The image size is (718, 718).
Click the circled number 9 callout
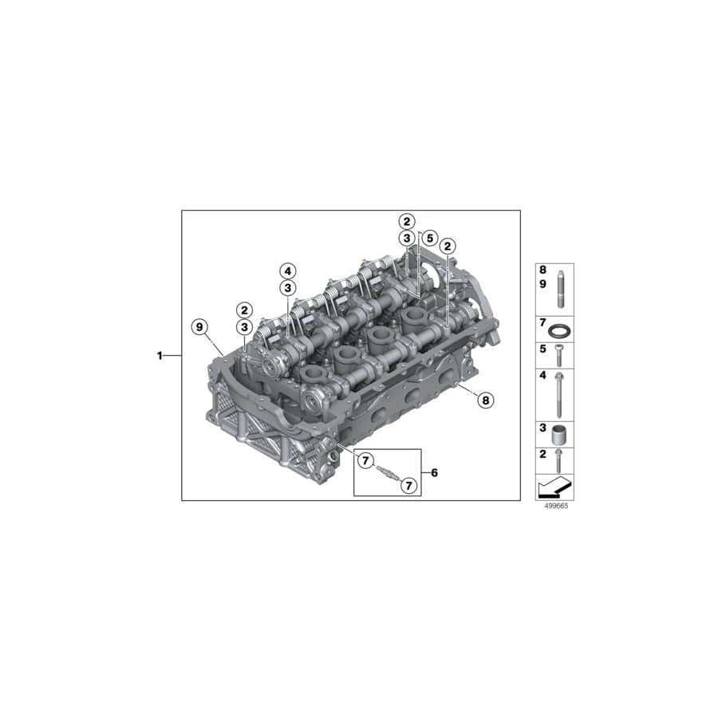(x=199, y=325)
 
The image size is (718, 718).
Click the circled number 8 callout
(x=485, y=400)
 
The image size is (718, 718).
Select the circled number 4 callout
(x=287, y=270)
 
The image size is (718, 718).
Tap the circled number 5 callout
(x=429, y=239)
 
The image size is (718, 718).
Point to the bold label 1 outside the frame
(x=160, y=356)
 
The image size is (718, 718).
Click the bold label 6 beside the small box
(x=434, y=472)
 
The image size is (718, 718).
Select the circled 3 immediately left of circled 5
(x=407, y=239)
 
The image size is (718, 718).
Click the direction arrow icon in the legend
(x=554, y=486)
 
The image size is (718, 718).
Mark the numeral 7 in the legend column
(x=542, y=323)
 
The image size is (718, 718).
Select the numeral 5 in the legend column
(x=542, y=349)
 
